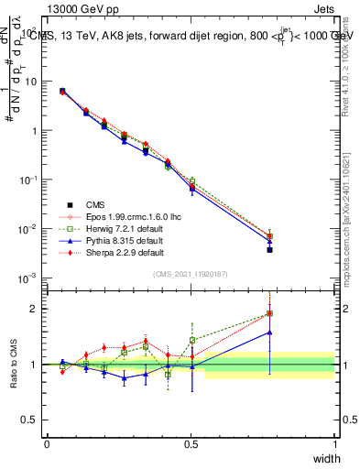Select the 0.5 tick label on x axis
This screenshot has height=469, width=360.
point(191,444)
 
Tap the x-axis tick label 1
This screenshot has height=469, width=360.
point(334,444)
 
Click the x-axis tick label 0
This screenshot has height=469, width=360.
point(47,444)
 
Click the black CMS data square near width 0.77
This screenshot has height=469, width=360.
point(269,249)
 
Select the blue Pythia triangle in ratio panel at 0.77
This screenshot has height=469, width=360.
point(269,333)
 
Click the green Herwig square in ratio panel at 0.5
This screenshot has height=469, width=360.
point(192,340)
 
